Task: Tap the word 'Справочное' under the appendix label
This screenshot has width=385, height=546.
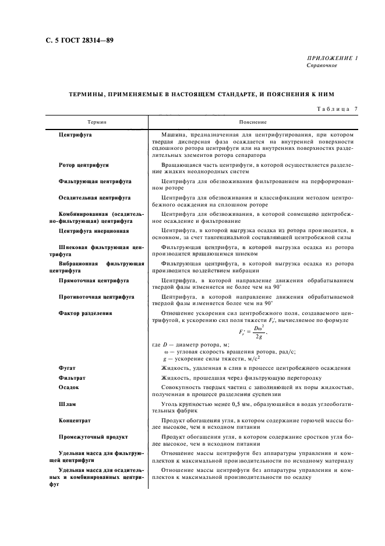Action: click(x=322, y=65)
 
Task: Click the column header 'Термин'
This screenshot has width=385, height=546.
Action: click(x=97, y=122)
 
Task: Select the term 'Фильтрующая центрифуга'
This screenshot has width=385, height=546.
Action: click(x=93, y=181)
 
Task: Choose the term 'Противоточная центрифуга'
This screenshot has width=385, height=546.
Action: click(x=96, y=297)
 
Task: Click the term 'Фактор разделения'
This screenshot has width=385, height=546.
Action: click(x=85, y=313)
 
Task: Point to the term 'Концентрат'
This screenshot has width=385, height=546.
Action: click(x=75, y=420)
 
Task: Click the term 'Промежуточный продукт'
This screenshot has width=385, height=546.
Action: click(x=93, y=437)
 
